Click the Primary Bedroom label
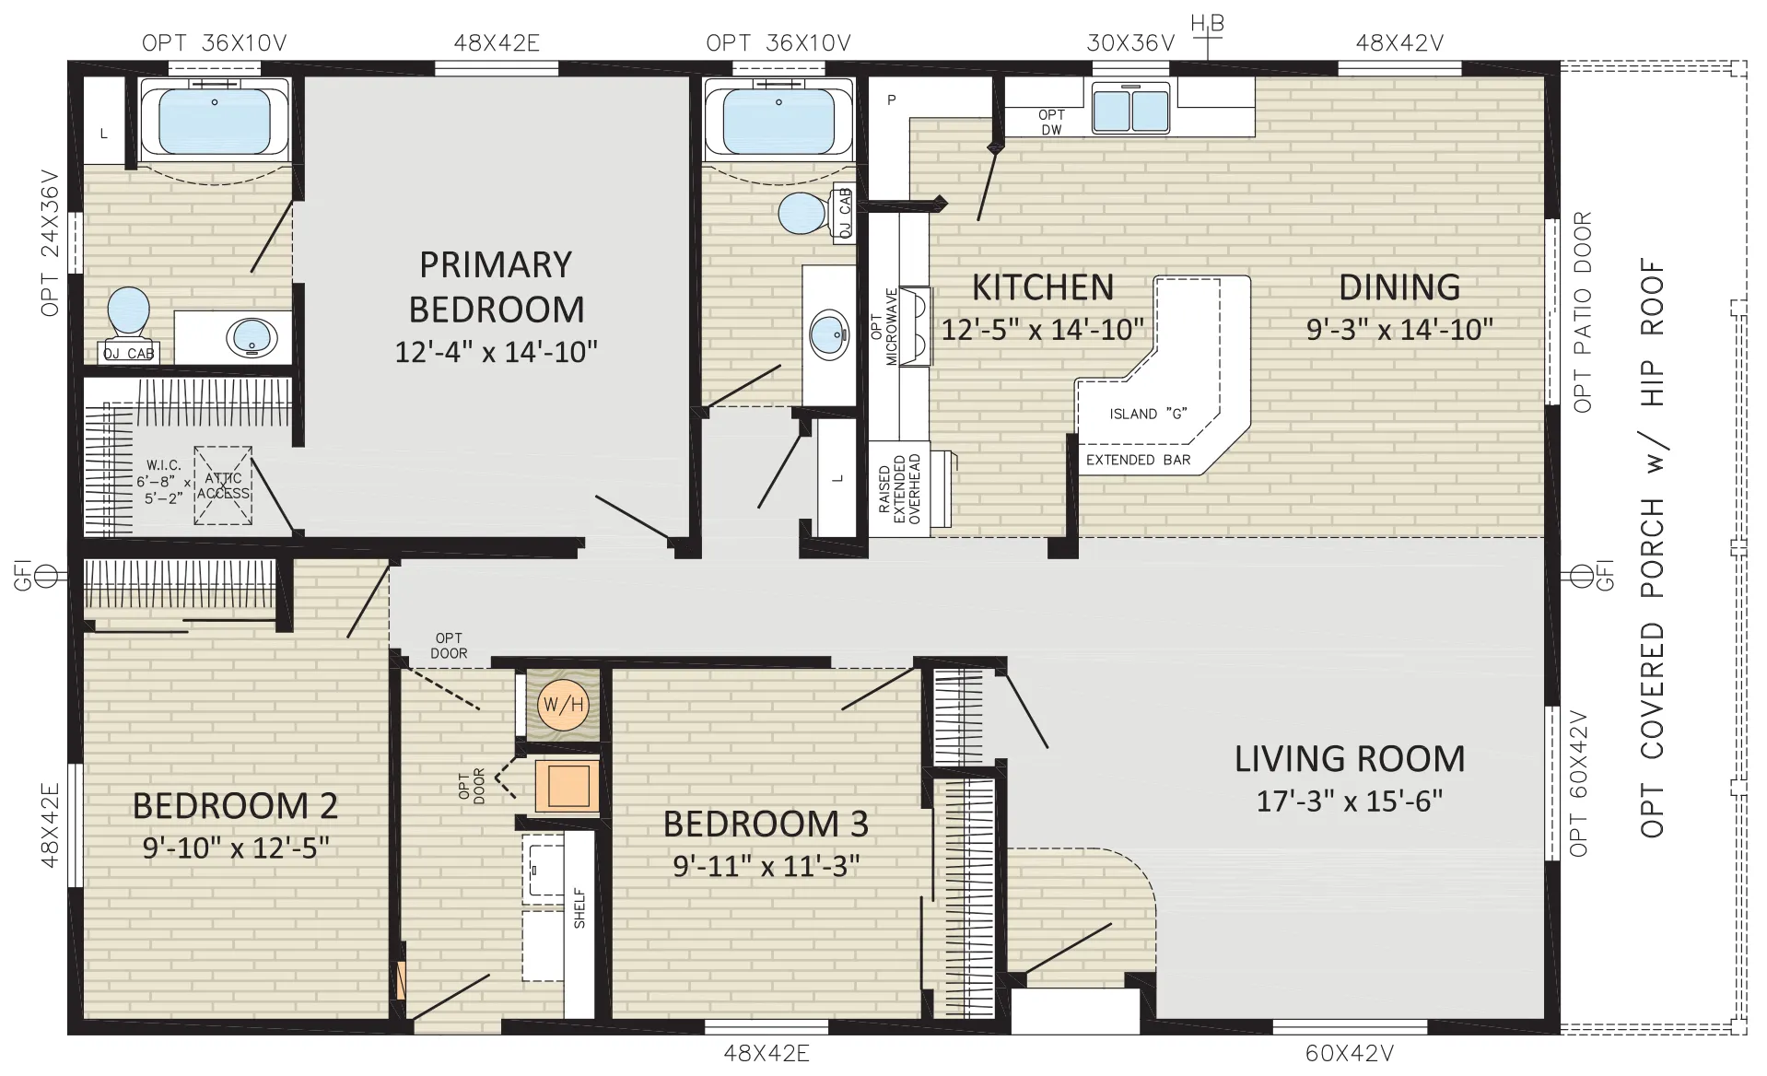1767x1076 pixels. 496,287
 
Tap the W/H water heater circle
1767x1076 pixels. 563,705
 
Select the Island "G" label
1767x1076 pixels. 1148,414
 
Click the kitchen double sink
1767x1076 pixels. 1130,107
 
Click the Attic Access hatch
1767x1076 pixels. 223,485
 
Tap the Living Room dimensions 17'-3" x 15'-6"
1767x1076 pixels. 1349,801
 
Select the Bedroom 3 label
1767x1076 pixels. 766,824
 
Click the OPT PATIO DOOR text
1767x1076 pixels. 1582,312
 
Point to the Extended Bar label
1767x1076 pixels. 1139,460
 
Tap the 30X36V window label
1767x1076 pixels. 1130,42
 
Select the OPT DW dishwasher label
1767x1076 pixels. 1051,123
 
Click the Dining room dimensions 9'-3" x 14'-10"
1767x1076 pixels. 1399,329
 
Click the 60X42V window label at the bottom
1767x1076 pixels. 1349,1053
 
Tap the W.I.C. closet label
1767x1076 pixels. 163,466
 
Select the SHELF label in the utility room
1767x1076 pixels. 579,907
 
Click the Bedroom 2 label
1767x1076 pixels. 235,806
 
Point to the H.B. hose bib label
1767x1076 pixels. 1207,24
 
